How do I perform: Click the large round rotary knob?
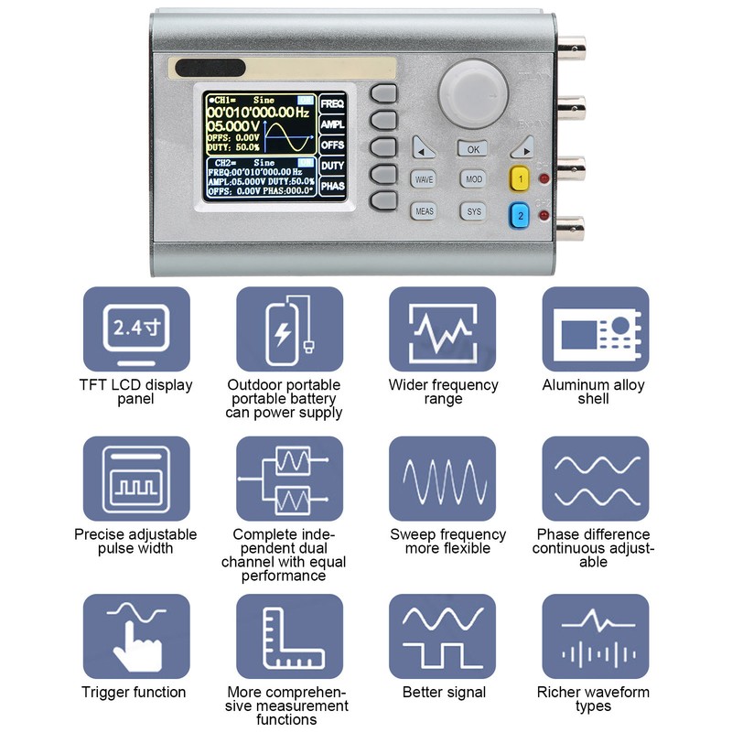tap(472, 91)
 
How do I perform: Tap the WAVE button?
tap(424, 179)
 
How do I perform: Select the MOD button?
tap(473, 179)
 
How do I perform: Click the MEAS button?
tap(424, 211)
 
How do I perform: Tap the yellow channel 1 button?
tap(520, 178)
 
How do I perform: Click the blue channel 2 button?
tap(520, 216)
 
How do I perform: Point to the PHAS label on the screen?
tap(332, 186)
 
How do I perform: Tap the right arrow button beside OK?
tap(522, 147)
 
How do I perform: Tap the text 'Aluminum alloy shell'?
tap(593, 392)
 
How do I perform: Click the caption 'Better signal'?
tap(444, 693)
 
